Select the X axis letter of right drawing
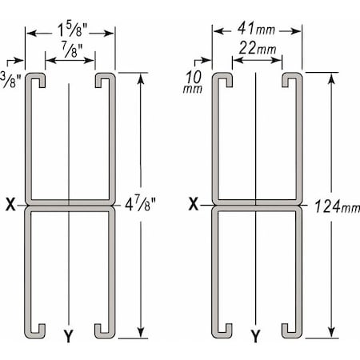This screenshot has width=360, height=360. pos(194,205)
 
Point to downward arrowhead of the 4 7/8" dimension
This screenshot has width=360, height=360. pos(142,331)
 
